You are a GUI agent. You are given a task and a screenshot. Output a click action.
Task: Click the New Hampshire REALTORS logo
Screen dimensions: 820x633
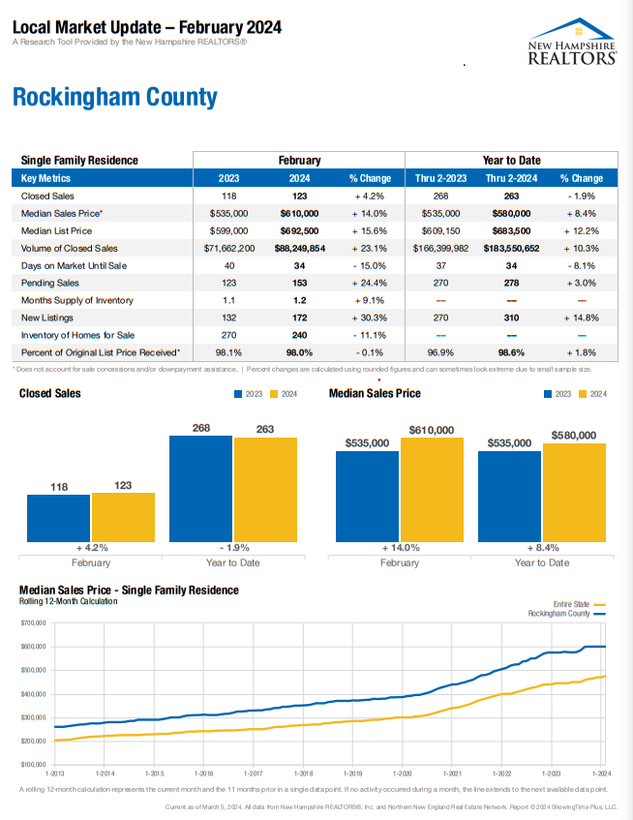tap(573, 42)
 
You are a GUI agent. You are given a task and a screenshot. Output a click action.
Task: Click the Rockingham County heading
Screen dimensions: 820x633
tap(115, 98)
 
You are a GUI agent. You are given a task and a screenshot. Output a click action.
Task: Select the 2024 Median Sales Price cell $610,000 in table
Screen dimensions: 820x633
tap(299, 213)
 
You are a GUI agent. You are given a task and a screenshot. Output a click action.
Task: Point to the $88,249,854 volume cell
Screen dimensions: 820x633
tap(299, 248)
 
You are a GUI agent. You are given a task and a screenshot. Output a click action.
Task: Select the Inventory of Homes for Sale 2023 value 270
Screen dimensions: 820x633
tap(229, 335)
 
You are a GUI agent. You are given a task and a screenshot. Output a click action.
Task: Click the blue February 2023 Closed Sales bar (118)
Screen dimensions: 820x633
tap(58, 517)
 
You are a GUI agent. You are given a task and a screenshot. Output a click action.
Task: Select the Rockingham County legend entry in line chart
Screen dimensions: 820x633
tap(566, 614)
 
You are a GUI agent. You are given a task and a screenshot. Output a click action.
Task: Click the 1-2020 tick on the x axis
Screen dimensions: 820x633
tap(402, 774)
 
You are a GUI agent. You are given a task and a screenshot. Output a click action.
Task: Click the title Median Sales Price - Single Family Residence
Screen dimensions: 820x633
tap(129, 590)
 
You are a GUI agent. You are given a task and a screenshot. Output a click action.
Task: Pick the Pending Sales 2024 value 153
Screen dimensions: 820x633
tap(299, 283)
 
